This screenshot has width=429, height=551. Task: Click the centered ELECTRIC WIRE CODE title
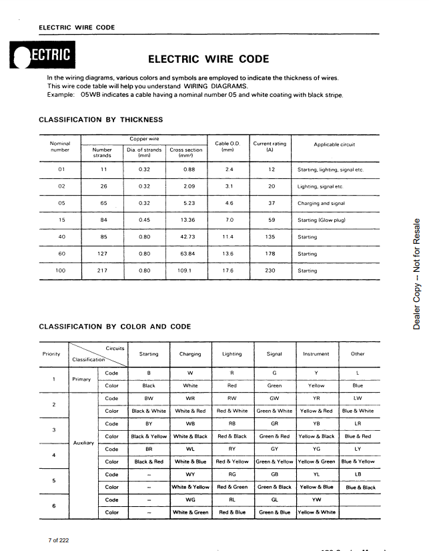[x=208, y=59]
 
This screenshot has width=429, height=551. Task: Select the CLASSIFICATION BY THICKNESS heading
[x=101, y=120]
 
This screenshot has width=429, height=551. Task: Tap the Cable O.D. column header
[x=226, y=147]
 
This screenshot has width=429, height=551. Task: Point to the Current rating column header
[x=270, y=147]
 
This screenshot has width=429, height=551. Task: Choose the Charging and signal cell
[x=321, y=203]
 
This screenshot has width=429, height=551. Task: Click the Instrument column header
[x=316, y=354]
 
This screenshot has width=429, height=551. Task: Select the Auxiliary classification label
[x=83, y=442]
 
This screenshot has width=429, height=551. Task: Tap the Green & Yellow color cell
[x=274, y=462]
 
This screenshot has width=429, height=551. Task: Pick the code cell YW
[x=316, y=500]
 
